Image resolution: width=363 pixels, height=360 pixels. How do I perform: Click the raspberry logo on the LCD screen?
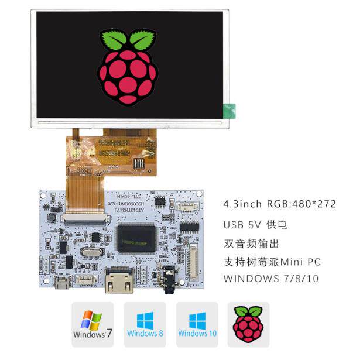pos(129,67)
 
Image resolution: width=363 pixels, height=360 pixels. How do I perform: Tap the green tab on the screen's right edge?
pos(229,109)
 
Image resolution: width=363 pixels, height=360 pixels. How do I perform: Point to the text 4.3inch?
pos(243,204)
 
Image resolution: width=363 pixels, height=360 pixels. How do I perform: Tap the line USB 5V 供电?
pos(255,225)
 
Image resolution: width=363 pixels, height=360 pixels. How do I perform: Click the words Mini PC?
pos(300,261)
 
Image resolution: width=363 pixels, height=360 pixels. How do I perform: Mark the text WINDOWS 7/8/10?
pos(271,279)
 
